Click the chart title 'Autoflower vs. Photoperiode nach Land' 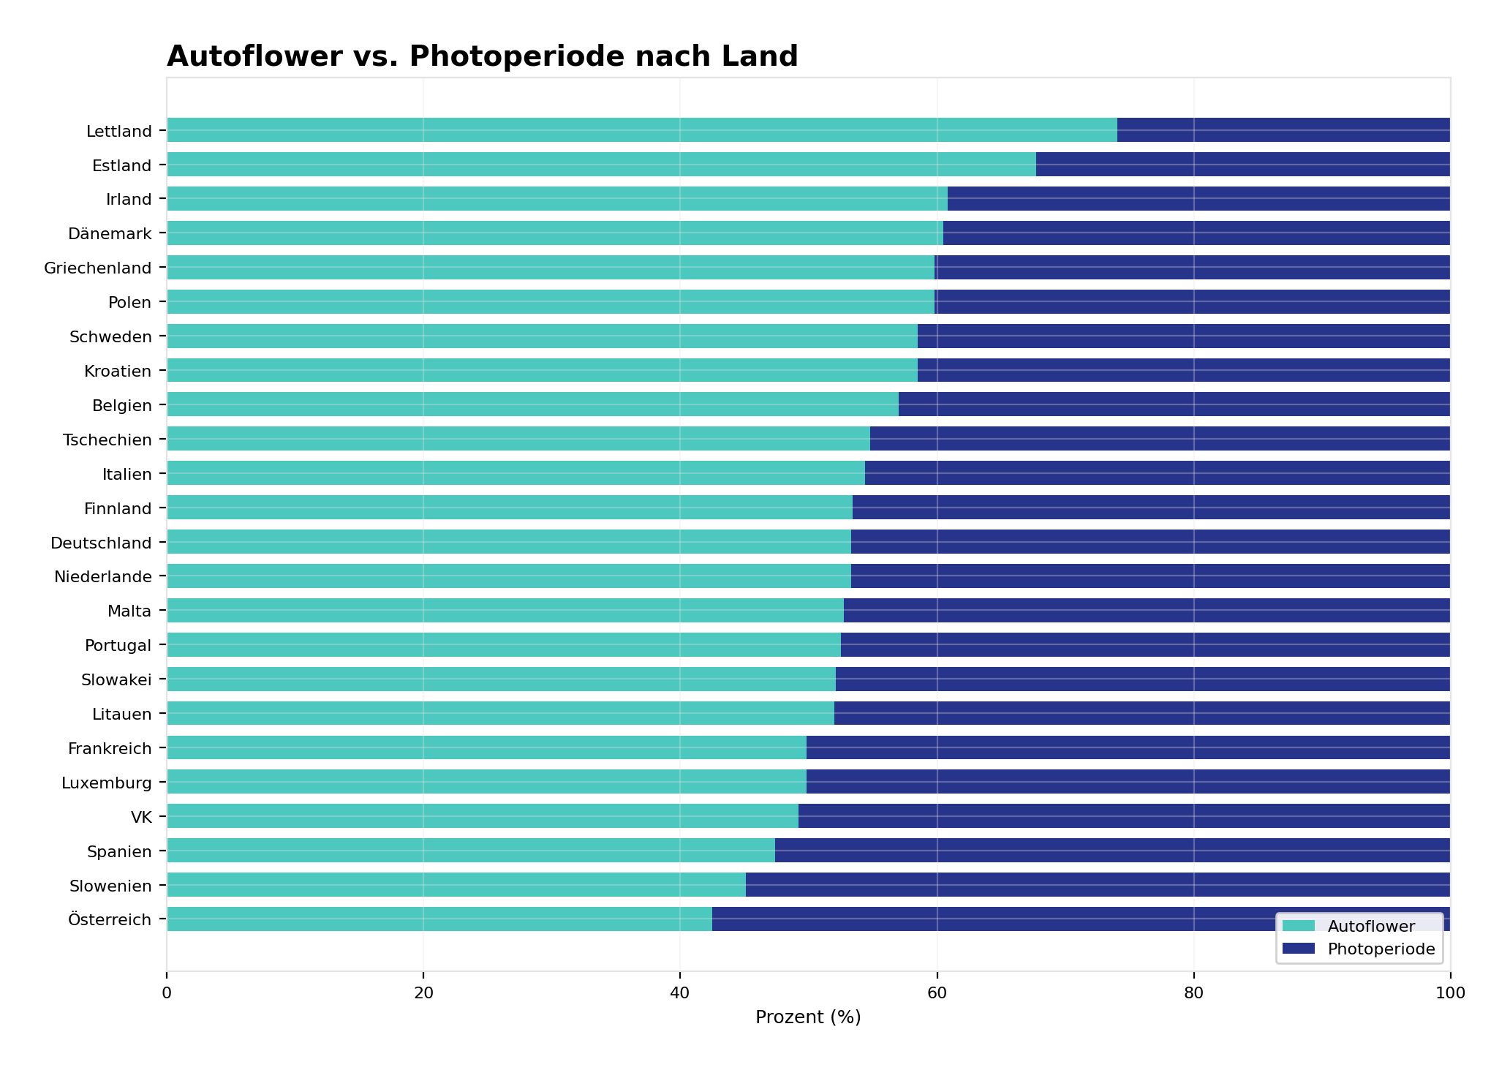(482, 56)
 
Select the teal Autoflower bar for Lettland (641, 130)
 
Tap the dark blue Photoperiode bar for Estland (1242, 165)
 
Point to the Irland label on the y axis (129, 200)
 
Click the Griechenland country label (98, 268)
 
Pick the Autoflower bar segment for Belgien (532, 404)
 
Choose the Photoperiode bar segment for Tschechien (1160, 439)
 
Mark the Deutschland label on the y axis (101, 543)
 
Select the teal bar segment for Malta (505, 611)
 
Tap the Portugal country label (118, 646)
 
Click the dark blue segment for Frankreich (1128, 747)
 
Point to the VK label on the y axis (141, 818)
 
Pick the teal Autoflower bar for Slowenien (456, 885)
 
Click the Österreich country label (110, 920)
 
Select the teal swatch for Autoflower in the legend (1298, 927)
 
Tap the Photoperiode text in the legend (1381, 949)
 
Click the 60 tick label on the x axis (937, 993)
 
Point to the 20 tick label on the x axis (423, 993)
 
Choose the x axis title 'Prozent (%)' (808, 1017)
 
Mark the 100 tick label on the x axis (1450, 993)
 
